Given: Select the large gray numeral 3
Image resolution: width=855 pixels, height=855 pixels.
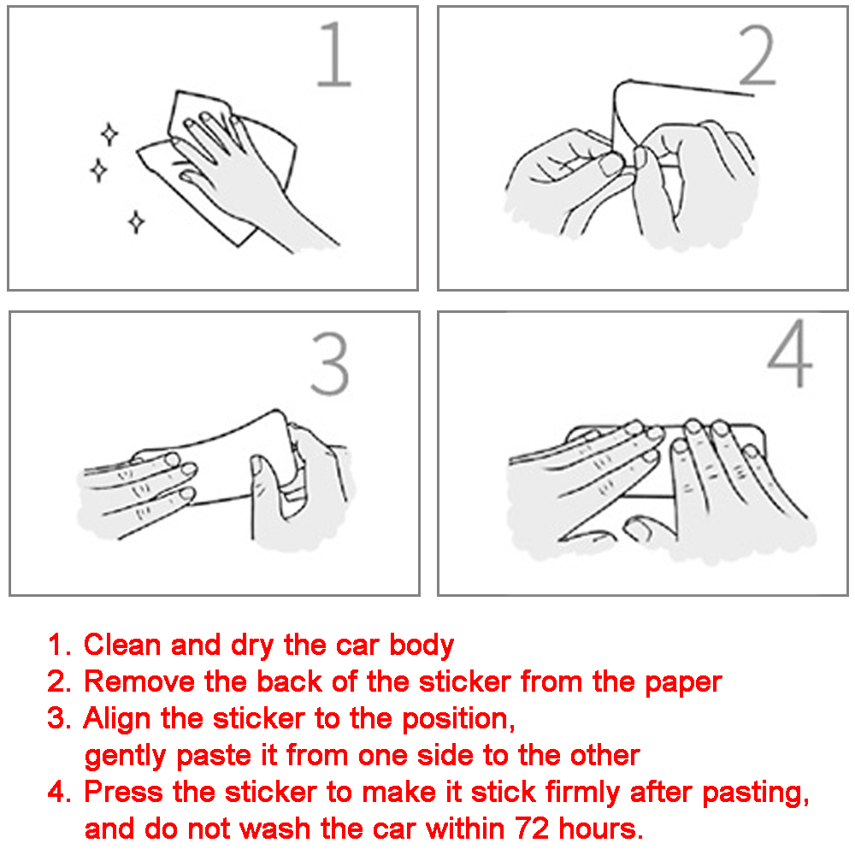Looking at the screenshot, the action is pos(329,363).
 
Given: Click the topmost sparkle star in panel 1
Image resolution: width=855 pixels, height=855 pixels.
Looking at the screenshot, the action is pos(109,134).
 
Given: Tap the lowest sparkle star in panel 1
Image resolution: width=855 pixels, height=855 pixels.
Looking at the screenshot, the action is pos(136,221).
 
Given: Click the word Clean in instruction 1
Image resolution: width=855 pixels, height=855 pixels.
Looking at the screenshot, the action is pos(122,645).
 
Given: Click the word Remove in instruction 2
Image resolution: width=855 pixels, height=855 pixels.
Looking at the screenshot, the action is pos(139,681).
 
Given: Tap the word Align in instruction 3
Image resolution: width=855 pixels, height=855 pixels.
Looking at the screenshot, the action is pos(116,720).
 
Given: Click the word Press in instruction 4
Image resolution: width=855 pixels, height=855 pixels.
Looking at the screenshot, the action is pos(123,792).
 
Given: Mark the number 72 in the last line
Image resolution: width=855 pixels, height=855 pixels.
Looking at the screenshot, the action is pos(532,828).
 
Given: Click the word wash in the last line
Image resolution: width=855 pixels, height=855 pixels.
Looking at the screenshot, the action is pos(275,828).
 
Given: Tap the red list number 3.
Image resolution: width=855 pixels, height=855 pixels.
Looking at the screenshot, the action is pos(59,719).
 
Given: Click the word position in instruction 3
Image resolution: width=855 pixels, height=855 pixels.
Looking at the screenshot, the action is pos(458,720).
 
